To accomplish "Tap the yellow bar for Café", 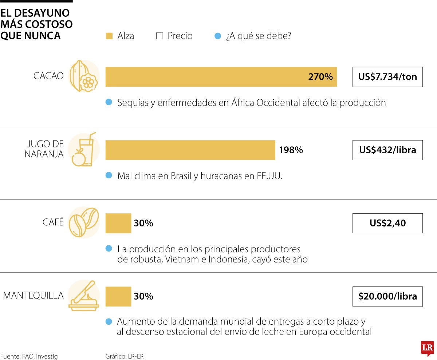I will [x=118, y=223].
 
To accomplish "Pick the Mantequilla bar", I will [x=118, y=296].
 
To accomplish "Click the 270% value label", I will [x=320, y=77].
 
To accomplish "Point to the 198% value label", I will [x=291, y=150].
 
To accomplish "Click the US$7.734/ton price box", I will [x=387, y=77].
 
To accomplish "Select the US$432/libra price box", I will [x=387, y=150].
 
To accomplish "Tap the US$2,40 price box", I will [x=387, y=223].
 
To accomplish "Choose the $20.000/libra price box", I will [x=387, y=296].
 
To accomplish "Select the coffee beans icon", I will [x=84, y=222].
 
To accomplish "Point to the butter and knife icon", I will [x=84, y=296].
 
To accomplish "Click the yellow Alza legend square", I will [x=109, y=36].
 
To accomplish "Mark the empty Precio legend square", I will [x=159, y=36].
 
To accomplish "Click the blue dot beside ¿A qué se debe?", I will [x=217, y=36].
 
